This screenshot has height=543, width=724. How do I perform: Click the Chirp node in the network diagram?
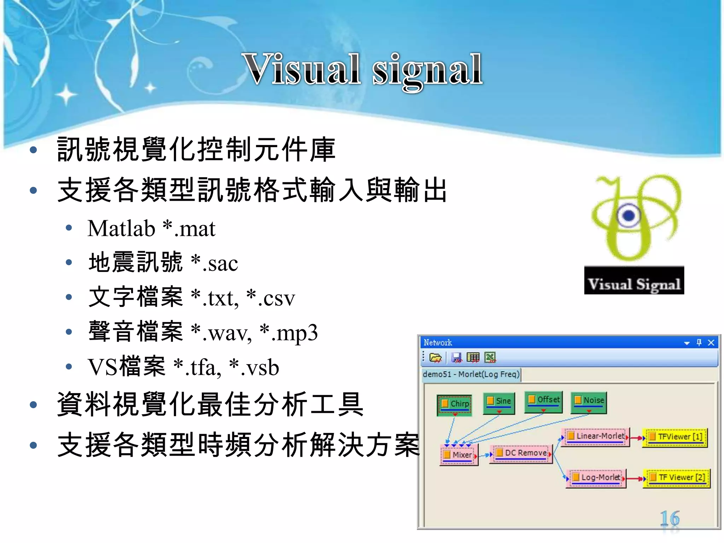pos(455,404)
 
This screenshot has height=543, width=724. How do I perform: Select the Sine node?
pos(499,402)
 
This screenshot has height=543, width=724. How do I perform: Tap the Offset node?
pos(543,400)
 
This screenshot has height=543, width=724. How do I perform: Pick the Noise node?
pos(589,401)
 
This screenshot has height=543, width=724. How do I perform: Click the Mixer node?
pos(458,455)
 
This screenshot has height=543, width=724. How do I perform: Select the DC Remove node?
pos(521,454)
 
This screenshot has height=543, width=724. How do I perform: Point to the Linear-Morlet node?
pos(596,437)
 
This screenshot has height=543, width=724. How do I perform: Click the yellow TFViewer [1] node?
pos(676,437)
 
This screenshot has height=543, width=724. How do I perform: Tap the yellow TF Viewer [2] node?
pos(677,478)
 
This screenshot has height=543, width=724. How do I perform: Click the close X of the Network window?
pos(711,343)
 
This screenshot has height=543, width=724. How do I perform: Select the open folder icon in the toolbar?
pos(435,358)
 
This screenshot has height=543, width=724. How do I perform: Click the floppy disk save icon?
pos(456,358)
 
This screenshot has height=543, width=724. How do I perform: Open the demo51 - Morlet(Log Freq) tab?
pos(471,374)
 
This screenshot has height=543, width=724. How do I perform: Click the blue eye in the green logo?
pos(629,215)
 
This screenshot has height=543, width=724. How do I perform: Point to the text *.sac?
pos(214,263)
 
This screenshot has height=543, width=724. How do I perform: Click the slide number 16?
pos(670,519)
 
